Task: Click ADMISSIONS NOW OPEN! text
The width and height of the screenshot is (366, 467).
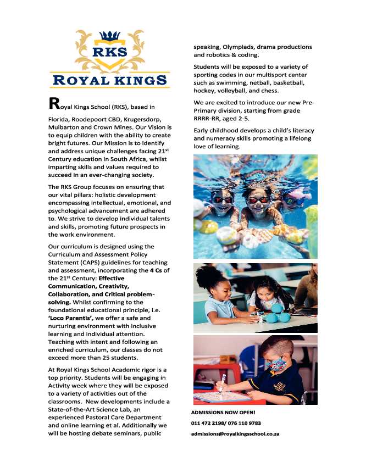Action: coord(223,412)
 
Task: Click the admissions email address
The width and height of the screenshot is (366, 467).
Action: coord(235,434)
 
